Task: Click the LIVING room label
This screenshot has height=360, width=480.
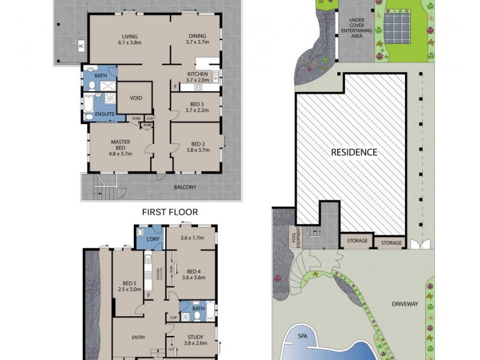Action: pos(127,36)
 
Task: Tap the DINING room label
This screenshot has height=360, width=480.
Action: pos(197,36)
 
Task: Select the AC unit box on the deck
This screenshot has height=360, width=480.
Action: pos(80,46)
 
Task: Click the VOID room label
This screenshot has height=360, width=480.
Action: pos(136,98)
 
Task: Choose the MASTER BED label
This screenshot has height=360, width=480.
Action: pos(120,146)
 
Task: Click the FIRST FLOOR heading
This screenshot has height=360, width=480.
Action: pos(170,212)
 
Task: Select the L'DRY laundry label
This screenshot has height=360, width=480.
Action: pos(154,239)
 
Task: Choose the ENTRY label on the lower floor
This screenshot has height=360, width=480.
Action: pos(139,337)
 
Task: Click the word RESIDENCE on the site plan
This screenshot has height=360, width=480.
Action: pos(355,152)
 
